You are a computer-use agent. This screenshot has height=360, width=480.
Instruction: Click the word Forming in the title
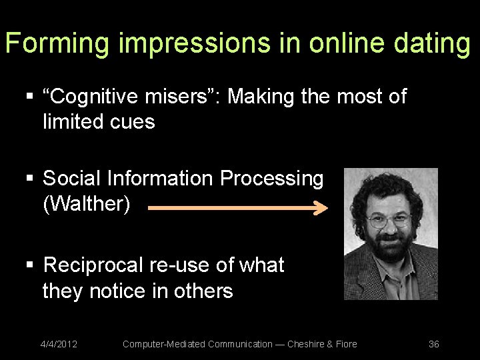(57, 43)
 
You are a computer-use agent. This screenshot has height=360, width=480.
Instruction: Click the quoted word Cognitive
(94, 97)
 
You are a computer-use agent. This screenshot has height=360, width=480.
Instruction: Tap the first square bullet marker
(29, 97)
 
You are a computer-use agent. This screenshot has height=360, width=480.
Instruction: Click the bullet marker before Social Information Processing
(29, 179)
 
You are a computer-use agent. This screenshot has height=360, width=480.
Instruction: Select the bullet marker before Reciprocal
(29, 266)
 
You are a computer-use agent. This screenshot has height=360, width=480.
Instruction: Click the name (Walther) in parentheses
(86, 204)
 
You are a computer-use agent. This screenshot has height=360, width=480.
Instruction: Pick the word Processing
(271, 179)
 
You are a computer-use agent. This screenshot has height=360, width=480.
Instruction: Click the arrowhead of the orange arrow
(321, 209)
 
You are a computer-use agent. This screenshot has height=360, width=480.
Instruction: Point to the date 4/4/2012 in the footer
(59, 344)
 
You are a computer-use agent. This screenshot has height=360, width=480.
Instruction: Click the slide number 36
(433, 344)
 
